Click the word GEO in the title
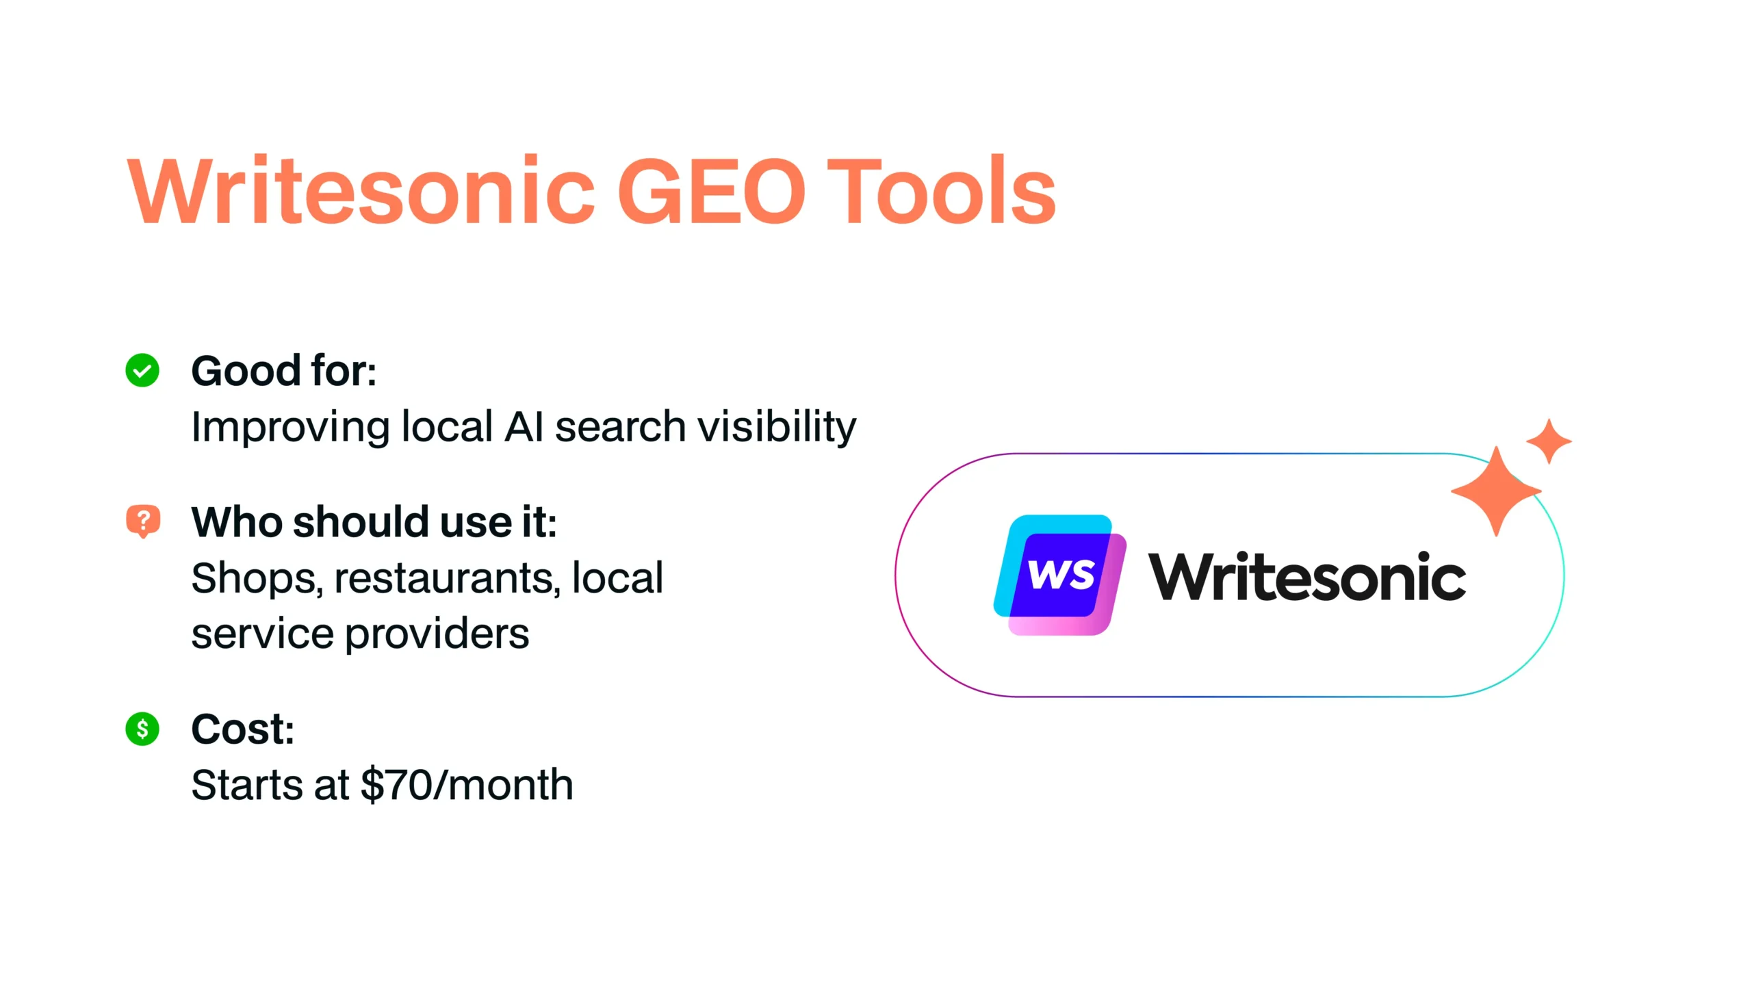pos(712,191)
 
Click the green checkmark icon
pos(142,370)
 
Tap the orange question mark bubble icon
pos(143,521)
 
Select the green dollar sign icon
pos(142,729)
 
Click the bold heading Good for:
pos(284,371)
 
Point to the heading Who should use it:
pos(374,522)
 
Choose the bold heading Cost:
pos(243,729)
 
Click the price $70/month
pos(467,785)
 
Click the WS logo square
pos(1060,575)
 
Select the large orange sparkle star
pos(1496,491)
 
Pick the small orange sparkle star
pos(1549,441)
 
